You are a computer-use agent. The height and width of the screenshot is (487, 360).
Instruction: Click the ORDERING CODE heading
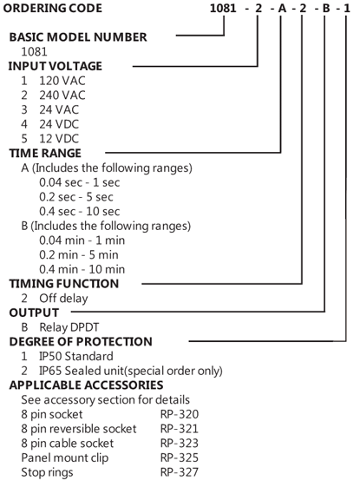(52, 8)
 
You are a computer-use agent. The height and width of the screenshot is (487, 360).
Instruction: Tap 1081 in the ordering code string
(223, 8)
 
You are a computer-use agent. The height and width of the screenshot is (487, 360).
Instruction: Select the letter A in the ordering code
(282, 8)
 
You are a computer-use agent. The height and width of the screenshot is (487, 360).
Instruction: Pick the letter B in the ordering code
(326, 8)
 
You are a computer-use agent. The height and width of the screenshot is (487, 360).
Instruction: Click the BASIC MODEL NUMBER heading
(78, 37)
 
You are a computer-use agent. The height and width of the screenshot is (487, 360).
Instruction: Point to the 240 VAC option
(62, 95)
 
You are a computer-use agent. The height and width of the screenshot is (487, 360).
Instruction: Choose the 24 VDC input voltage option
(59, 124)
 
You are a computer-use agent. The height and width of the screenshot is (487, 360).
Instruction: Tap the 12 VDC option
(59, 139)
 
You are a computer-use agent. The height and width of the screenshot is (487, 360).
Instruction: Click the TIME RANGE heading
(45, 153)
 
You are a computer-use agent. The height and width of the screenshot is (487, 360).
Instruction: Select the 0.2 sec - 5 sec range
(76, 197)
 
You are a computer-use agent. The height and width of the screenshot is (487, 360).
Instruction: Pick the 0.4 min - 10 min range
(82, 269)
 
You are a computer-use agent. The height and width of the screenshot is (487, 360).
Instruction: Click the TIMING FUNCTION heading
(63, 284)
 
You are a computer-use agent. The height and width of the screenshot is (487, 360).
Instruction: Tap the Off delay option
(63, 299)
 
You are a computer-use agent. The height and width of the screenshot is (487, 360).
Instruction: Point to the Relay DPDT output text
(69, 327)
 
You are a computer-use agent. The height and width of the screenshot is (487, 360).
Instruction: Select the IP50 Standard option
(76, 356)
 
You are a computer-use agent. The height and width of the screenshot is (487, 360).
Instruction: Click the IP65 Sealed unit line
(131, 371)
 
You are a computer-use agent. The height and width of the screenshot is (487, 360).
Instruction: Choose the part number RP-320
(180, 414)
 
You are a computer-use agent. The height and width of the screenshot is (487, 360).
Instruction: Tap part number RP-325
(180, 457)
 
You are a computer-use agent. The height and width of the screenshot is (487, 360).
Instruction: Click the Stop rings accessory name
(47, 472)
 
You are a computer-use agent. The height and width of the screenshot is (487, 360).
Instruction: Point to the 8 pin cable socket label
(68, 444)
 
